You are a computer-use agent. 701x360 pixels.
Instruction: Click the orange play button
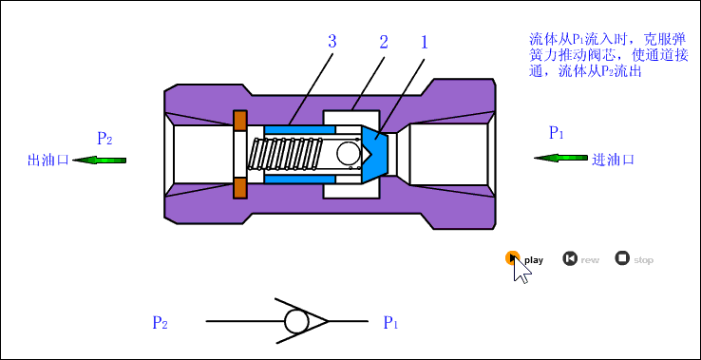[512, 258]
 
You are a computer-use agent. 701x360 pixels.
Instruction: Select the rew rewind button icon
[570, 258]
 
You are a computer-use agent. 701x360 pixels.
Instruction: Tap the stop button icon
[622, 258]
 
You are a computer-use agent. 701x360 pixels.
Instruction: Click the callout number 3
[332, 42]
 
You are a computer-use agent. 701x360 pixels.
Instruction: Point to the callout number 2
[384, 42]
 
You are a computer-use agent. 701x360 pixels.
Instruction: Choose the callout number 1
[425, 42]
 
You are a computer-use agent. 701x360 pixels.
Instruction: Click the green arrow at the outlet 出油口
[99, 160]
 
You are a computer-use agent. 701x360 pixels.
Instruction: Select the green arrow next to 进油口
[560, 158]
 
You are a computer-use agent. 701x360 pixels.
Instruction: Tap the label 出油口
[48, 161]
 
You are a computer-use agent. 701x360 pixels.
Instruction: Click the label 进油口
[613, 160]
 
